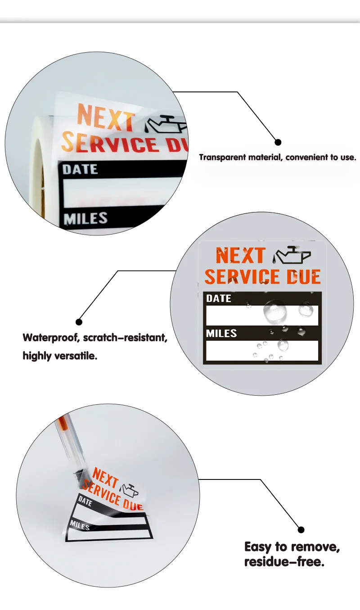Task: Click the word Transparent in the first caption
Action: coord(222,158)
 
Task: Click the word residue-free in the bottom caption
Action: coord(284,562)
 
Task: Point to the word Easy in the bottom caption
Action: coord(258,547)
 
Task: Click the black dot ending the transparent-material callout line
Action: coord(278,142)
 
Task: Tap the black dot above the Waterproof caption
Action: coord(79,322)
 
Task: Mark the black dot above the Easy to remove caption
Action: coord(301,530)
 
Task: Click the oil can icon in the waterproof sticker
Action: coord(292,255)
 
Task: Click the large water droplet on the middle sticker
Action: coord(275,311)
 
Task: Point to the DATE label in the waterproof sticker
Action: coord(219,298)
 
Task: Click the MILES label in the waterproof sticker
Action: coord(221,333)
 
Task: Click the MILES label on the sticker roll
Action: coord(85,219)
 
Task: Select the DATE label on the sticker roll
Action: coord(80,169)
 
